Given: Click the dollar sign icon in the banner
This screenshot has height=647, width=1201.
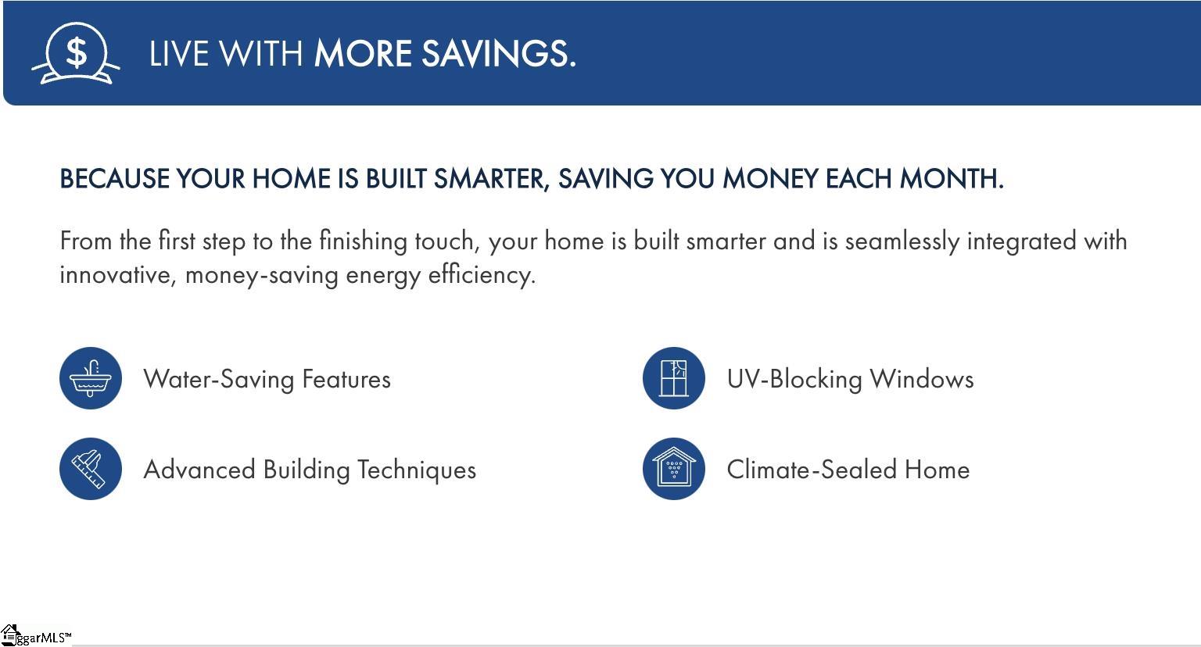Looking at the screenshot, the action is [76, 53].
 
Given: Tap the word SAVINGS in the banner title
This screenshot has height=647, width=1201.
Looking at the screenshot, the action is [499, 54].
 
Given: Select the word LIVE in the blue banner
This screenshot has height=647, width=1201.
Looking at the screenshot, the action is [178, 54].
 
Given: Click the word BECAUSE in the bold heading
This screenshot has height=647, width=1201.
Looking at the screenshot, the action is [114, 178].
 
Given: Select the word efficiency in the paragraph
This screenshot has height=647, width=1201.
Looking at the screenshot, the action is [482, 275].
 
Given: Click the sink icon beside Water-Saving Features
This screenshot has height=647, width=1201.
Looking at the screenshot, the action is [91, 378].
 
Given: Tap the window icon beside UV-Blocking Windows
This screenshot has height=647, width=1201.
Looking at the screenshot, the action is [674, 378].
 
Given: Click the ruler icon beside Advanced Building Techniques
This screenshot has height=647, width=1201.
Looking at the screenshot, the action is [91, 469].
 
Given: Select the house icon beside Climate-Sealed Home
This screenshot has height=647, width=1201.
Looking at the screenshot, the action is [674, 469].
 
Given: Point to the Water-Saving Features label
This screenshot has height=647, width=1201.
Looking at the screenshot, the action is [267, 380].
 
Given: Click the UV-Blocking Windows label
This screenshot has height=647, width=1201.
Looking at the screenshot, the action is [851, 379].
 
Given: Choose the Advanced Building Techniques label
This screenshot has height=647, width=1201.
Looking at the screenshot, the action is [310, 470].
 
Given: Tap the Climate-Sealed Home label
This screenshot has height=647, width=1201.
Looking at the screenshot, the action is [848, 470].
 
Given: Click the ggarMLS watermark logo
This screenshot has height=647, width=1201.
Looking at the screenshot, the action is [35, 636].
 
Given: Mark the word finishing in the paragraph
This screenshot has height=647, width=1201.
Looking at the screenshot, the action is [364, 241].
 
